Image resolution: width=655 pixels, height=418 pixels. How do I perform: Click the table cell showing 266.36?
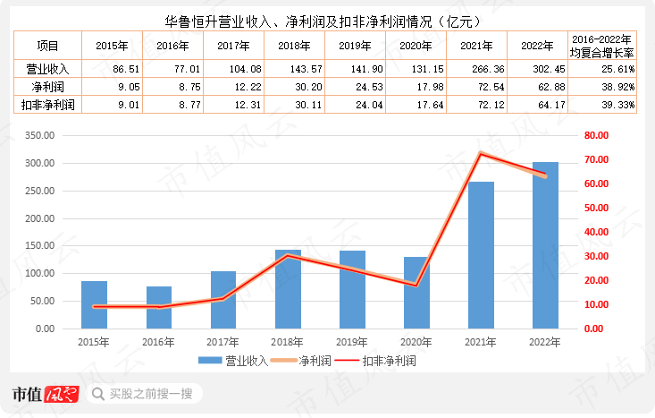(x=474, y=68)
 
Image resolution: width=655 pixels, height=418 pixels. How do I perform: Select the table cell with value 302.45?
(x=536, y=68)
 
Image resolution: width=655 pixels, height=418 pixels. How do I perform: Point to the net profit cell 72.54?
(x=474, y=87)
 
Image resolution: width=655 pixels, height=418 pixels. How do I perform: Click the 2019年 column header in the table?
(x=353, y=45)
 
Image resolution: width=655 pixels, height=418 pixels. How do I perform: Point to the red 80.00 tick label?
(x=597, y=135)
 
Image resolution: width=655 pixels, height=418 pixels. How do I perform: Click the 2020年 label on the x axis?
(x=416, y=342)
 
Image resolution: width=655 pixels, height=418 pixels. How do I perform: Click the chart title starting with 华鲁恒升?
(x=327, y=19)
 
